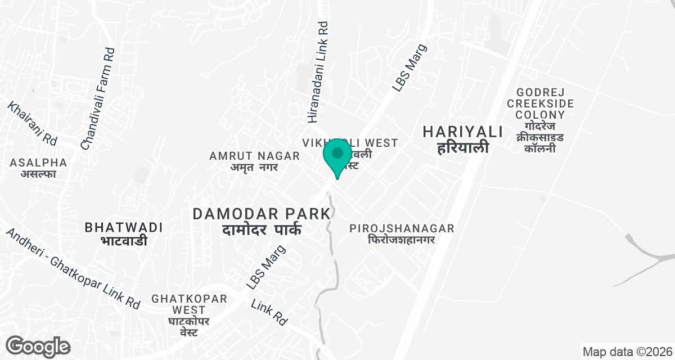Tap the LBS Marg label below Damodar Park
(x=266, y=267)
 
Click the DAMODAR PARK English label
(x=262, y=214)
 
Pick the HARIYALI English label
(x=462, y=132)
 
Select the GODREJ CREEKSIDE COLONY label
(x=540, y=103)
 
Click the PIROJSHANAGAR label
(x=402, y=228)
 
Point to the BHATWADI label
(x=124, y=227)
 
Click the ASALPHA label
(x=38, y=163)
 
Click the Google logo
(x=38, y=346)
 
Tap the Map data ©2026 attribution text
(x=627, y=352)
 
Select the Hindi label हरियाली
(x=462, y=148)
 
